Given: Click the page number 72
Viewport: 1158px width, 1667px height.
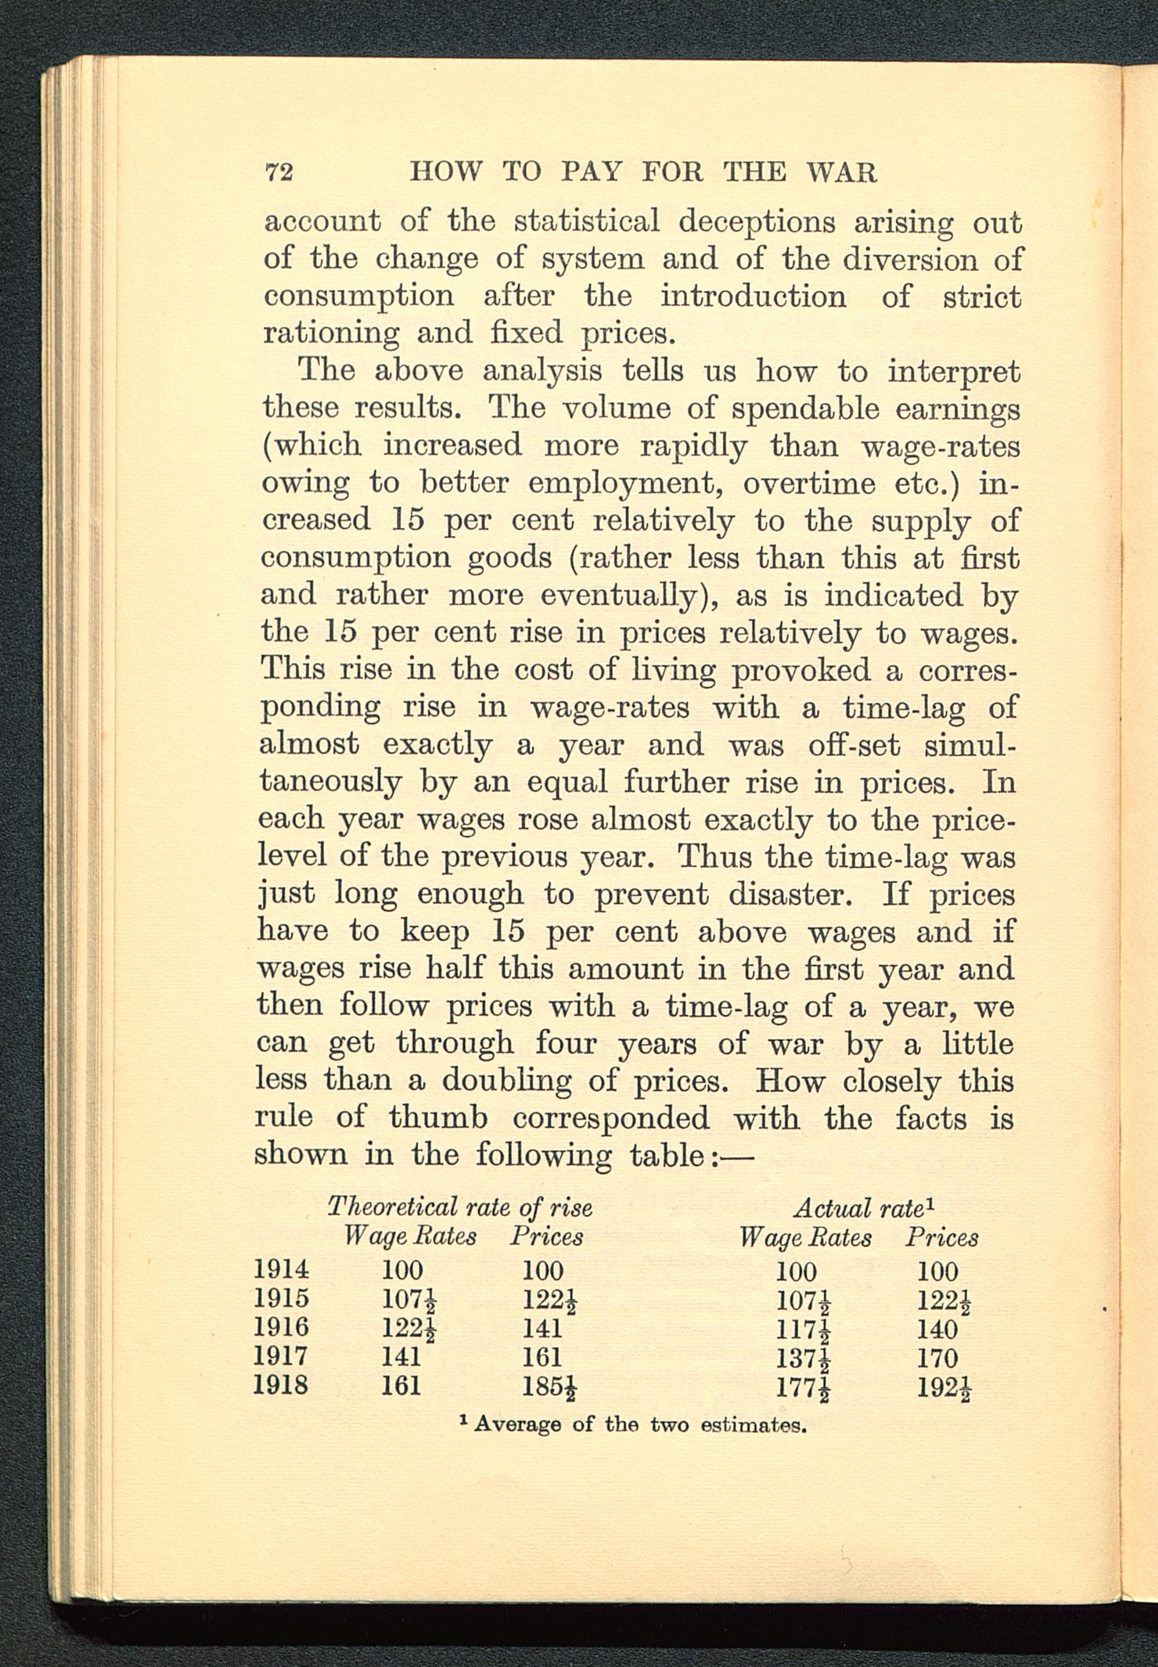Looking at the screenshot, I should point(278,173).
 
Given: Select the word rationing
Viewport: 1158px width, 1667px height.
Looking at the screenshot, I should point(330,333).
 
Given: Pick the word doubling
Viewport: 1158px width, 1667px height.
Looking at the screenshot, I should point(507,1081).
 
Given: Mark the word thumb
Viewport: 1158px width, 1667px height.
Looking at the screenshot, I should point(438,1118).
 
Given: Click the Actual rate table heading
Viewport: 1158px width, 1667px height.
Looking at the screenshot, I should point(863,1208).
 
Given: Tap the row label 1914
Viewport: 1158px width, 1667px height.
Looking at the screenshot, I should point(281,1269).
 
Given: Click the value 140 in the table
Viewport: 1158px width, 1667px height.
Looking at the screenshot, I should point(937,1329).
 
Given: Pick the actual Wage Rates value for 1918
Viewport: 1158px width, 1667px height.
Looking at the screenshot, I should point(802,1388).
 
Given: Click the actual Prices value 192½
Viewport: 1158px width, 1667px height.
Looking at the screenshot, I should point(944,1388).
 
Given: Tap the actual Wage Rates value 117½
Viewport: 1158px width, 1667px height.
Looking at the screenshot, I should point(802,1329).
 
